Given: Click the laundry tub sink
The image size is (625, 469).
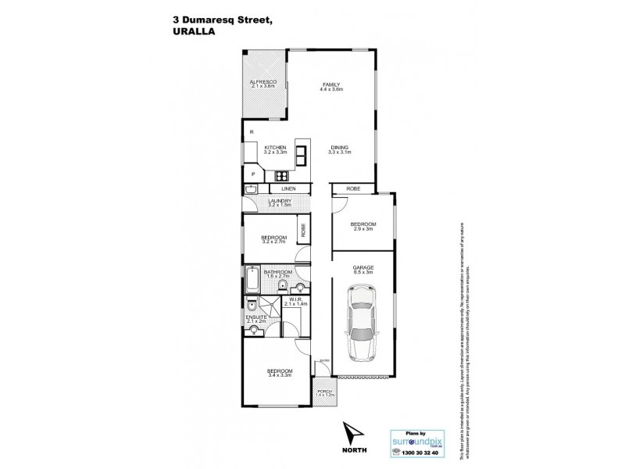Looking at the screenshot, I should tap(252, 189).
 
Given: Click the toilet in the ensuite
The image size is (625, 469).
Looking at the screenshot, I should tap(252, 306).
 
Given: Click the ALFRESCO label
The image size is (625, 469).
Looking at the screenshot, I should tap(263, 81).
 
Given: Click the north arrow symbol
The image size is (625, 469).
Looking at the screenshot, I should tap(352, 433).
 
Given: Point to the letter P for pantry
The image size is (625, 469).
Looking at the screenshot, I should tap(252, 174).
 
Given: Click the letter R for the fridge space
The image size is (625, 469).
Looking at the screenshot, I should tap(251, 133).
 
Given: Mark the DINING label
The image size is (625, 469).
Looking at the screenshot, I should tap(339, 147).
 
